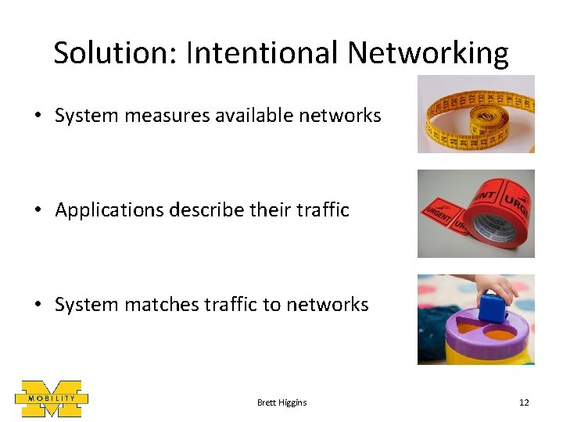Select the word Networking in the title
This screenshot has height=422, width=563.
point(429,53)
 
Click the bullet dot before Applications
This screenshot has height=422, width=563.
point(38,211)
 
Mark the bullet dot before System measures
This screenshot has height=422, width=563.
point(38,116)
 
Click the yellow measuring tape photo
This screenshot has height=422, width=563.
point(475,114)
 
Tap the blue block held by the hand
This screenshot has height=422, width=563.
point(493,308)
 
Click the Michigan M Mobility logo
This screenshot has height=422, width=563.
point(51,399)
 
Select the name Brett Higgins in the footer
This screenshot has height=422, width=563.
point(281,402)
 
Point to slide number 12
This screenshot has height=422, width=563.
point(524,402)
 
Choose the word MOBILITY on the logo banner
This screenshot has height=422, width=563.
point(52,399)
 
